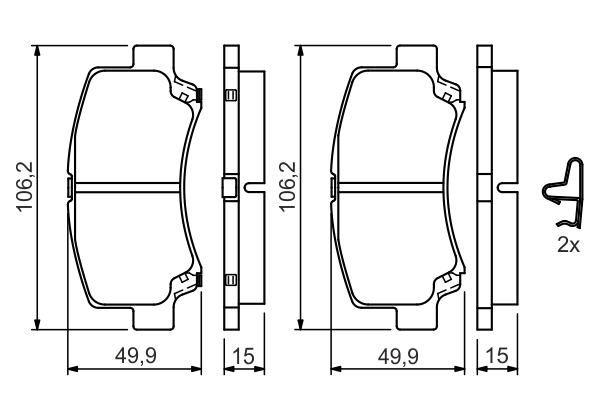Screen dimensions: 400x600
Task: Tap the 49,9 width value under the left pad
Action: coord(133,356)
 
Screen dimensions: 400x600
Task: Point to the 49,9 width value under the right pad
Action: coord(397,356)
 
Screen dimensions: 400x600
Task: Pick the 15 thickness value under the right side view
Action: coord(496,356)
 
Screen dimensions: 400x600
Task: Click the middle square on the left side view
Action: coord(229,186)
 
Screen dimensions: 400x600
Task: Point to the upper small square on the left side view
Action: coord(229,96)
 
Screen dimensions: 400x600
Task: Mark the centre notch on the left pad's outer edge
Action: coord(67,186)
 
